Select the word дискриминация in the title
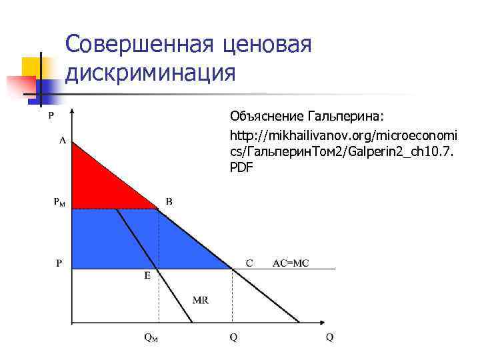click(x=151, y=73)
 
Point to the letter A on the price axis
click(x=62, y=141)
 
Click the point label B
click(x=169, y=201)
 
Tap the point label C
click(x=249, y=263)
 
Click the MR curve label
click(x=200, y=300)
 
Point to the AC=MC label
click(x=291, y=263)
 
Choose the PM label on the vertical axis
click(x=60, y=201)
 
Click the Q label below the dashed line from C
click(x=233, y=337)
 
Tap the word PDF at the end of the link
click(x=241, y=167)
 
